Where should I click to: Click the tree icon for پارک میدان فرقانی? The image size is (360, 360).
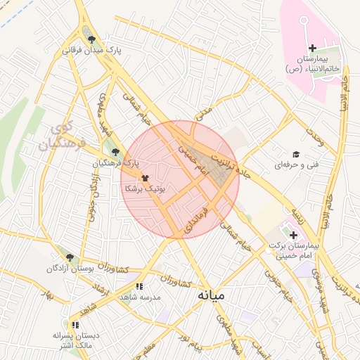tap(91, 39)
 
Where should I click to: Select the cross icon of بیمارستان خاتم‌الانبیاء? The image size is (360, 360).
tap(312, 47)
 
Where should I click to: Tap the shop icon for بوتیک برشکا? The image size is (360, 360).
tap(145, 178)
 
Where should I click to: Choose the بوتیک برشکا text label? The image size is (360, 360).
tap(144, 189)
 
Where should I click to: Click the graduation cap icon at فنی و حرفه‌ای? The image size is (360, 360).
tap(296, 154)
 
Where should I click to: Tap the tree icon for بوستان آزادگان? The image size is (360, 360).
tap(69, 257)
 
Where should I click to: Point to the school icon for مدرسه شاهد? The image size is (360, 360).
tap(139, 286)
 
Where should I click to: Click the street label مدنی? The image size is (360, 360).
tap(202, 112)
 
